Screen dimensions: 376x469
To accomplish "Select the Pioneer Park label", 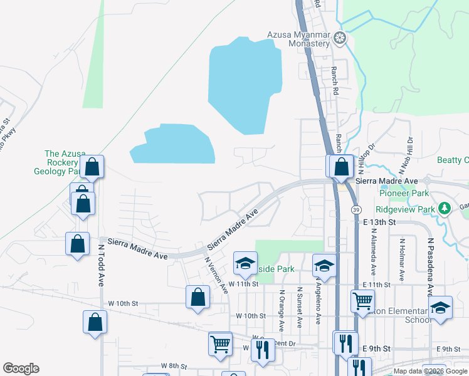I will click(404, 193).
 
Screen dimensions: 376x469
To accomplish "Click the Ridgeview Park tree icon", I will click(444, 207).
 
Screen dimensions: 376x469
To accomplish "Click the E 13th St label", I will click(379, 222).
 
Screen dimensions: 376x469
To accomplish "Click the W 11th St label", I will click(243, 284).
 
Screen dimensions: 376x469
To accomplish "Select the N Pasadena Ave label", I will click(431, 258).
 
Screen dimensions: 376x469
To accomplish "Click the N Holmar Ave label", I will click(399, 258).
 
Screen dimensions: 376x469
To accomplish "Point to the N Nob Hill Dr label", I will click(404, 155).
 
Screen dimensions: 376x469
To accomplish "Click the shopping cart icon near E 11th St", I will click(362, 301).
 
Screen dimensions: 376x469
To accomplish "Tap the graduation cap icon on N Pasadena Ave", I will click(440, 307).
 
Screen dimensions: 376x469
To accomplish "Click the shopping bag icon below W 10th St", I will click(95, 322).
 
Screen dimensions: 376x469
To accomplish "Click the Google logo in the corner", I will click(21, 368).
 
